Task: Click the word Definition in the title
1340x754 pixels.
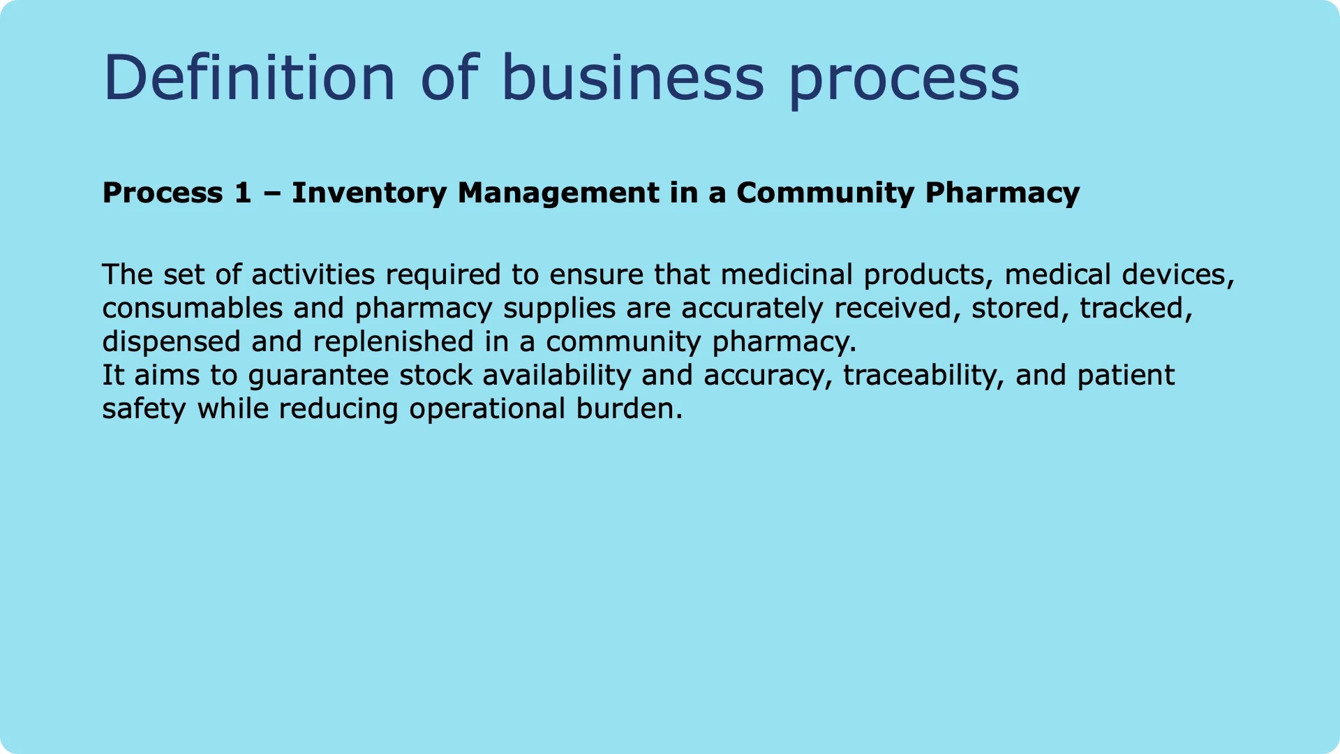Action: click(249, 77)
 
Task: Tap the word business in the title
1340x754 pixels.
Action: click(632, 77)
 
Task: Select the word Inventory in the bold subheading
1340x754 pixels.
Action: click(369, 193)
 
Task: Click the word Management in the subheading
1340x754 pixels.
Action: click(558, 193)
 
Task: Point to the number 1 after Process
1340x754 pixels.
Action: click(242, 193)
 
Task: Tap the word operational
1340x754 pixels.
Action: click(487, 408)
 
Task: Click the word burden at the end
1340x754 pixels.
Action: click(628, 408)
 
